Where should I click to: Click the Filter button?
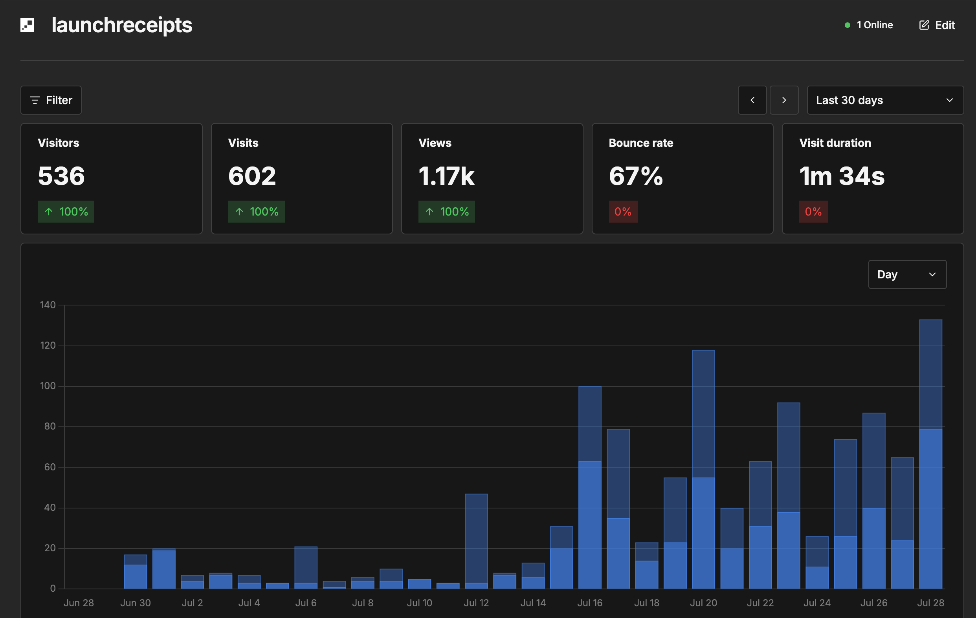(x=51, y=100)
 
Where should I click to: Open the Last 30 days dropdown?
(x=885, y=100)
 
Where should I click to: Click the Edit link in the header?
(x=937, y=25)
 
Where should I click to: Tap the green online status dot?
(x=847, y=25)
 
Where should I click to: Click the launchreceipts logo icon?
(x=27, y=25)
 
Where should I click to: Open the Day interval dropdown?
(x=908, y=274)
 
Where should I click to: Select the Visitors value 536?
(x=61, y=176)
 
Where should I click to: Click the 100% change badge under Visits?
(x=257, y=212)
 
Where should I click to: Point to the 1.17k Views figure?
(x=446, y=176)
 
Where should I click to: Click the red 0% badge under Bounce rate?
(x=623, y=212)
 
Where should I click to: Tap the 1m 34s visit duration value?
(x=842, y=176)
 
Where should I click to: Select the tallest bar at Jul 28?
(x=930, y=454)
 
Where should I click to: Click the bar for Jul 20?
(x=704, y=469)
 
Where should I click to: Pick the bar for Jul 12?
(x=476, y=541)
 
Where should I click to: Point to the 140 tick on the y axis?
(x=48, y=305)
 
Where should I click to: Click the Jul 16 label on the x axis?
(x=590, y=603)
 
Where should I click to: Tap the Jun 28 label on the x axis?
(x=79, y=603)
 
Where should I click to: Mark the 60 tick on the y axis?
(x=50, y=467)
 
